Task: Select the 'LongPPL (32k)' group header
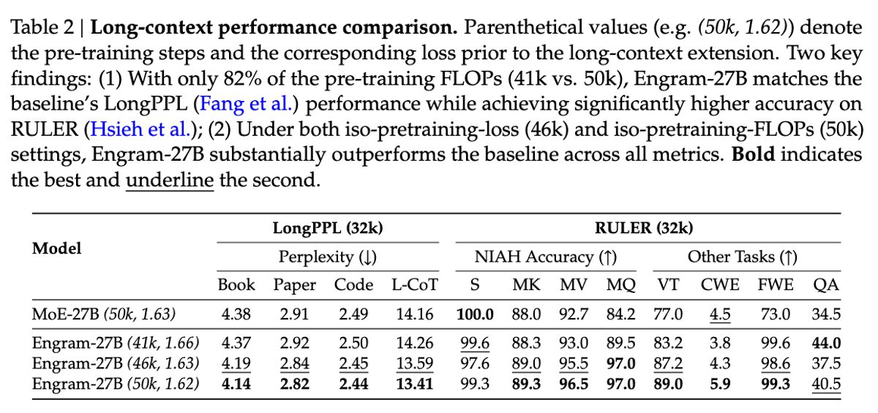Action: click(328, 228)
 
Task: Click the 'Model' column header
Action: click(56, 248)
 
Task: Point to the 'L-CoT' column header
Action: click(413, 285)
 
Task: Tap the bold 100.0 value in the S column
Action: click(475, 314)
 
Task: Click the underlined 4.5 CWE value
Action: click(721, 314)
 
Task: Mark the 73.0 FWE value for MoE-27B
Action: click(776, 314)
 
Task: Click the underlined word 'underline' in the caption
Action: click(170, 180)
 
